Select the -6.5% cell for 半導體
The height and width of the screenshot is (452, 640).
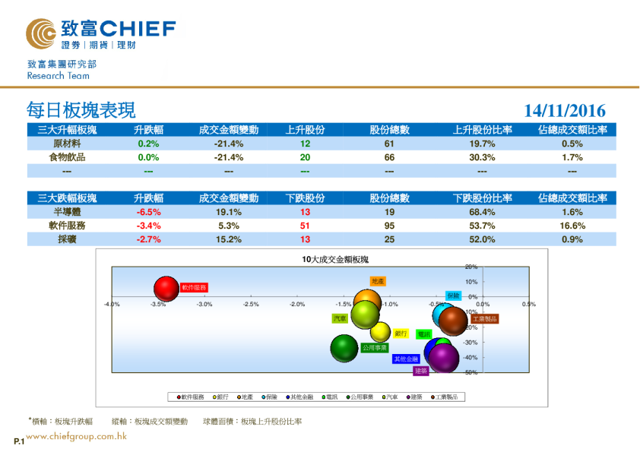pos(148,213)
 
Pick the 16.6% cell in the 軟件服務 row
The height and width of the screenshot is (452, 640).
pos(572,226)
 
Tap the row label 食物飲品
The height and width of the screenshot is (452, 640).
pos(68,157)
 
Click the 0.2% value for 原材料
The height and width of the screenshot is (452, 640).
pos(148,144)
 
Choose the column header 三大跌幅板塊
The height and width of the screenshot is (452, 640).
pos(68,198)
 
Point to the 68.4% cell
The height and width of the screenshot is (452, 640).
pos(482,213)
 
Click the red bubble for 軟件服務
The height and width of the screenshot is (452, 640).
pos(166,289)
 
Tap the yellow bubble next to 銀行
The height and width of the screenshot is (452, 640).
pos(381,332)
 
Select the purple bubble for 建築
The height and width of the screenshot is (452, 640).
pos(445,357)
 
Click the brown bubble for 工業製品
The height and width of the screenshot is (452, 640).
pos(455,321)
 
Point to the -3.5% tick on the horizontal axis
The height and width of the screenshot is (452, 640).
pos(158,305)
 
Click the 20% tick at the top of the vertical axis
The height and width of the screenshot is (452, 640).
pos(470,267)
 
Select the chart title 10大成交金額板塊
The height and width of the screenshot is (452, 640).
pos(334,259)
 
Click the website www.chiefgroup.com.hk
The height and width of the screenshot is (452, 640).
pos(76,436)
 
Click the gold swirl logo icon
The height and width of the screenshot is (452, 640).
pos(40,33)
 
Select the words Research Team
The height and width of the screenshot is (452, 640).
pos(58,76)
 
